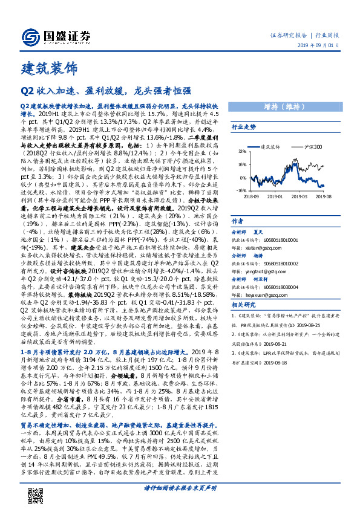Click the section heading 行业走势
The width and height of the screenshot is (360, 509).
tap(244, 128)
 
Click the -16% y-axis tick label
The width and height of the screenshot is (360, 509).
tap(240, 190)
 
